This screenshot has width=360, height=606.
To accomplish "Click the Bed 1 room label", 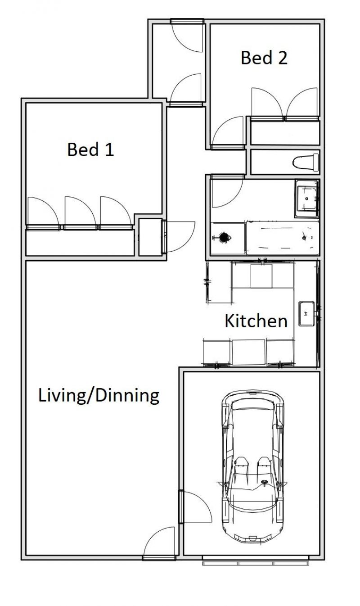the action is click(90, 149).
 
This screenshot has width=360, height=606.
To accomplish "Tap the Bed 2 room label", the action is click(264, 58).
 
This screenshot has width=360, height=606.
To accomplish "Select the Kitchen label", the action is click(256, 321).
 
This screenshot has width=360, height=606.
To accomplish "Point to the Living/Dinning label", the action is click(99, 396).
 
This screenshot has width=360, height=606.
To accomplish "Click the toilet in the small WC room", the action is click(306, 163).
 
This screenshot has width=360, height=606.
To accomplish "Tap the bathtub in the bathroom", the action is click(283, 238).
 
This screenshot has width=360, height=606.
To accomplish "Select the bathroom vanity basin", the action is click(307, 198).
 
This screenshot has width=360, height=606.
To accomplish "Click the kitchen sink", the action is click(306, 313).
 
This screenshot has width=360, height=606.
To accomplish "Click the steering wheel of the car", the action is click(264, 482).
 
